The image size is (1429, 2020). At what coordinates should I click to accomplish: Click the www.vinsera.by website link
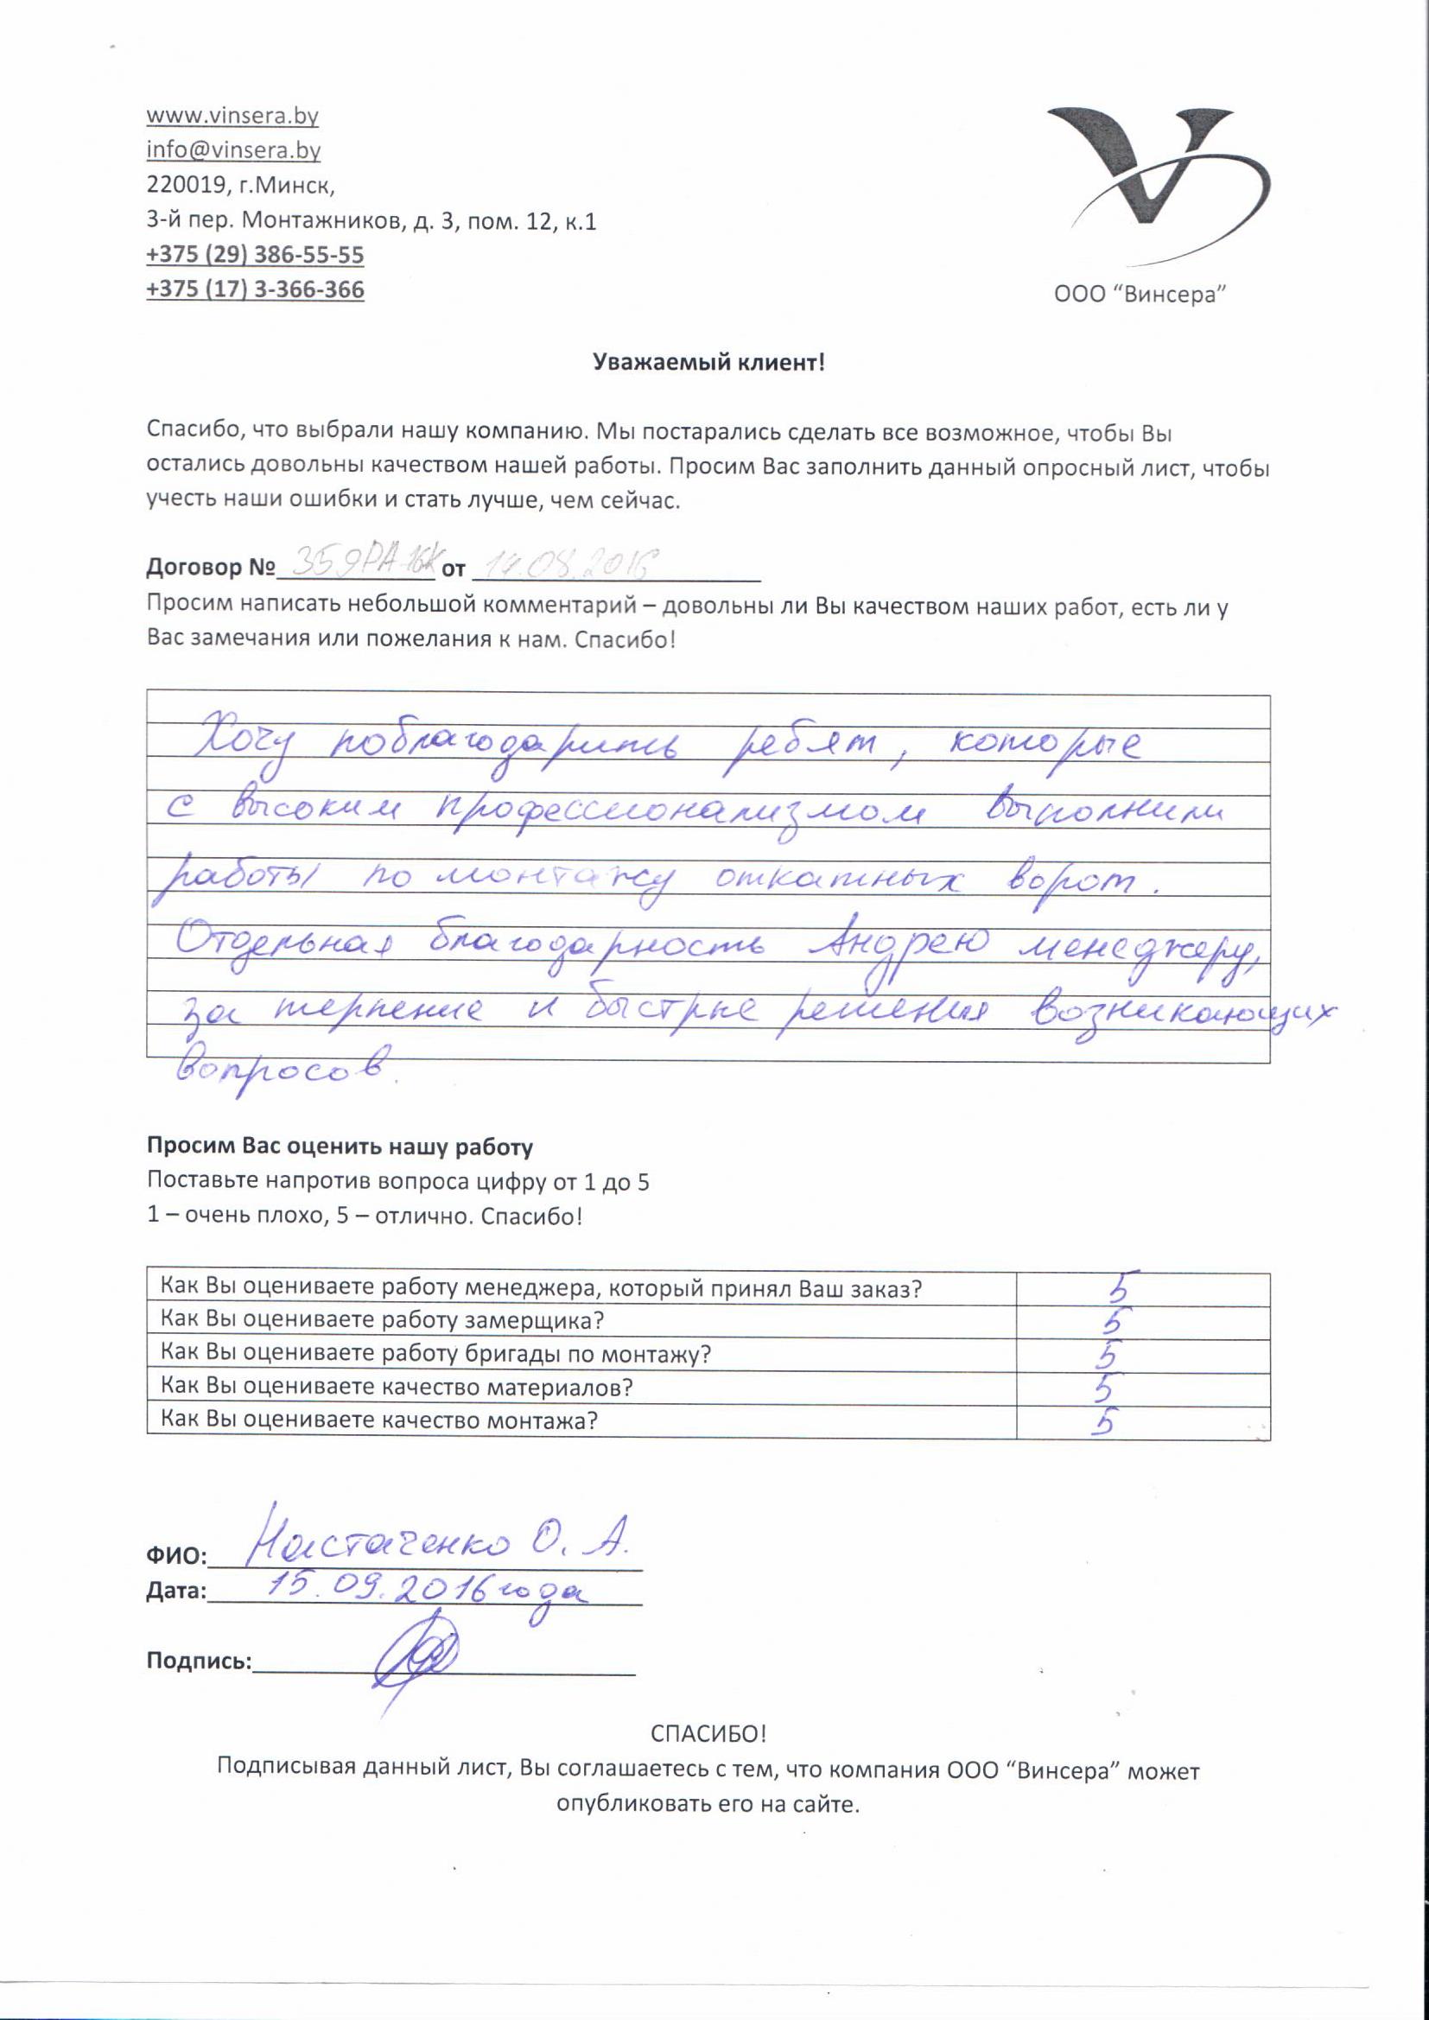232,116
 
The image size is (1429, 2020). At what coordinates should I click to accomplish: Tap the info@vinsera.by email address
233,150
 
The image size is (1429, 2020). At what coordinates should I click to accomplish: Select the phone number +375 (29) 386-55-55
255,255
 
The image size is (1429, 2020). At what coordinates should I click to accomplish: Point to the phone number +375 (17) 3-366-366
255,289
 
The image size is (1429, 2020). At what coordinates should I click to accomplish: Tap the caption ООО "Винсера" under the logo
1140,295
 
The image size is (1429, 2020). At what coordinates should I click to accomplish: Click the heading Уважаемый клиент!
708,363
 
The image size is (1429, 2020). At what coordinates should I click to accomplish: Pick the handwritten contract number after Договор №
356,564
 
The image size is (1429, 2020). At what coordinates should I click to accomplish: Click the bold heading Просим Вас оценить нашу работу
340,1147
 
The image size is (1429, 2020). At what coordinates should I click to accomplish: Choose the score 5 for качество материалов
1105,1388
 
